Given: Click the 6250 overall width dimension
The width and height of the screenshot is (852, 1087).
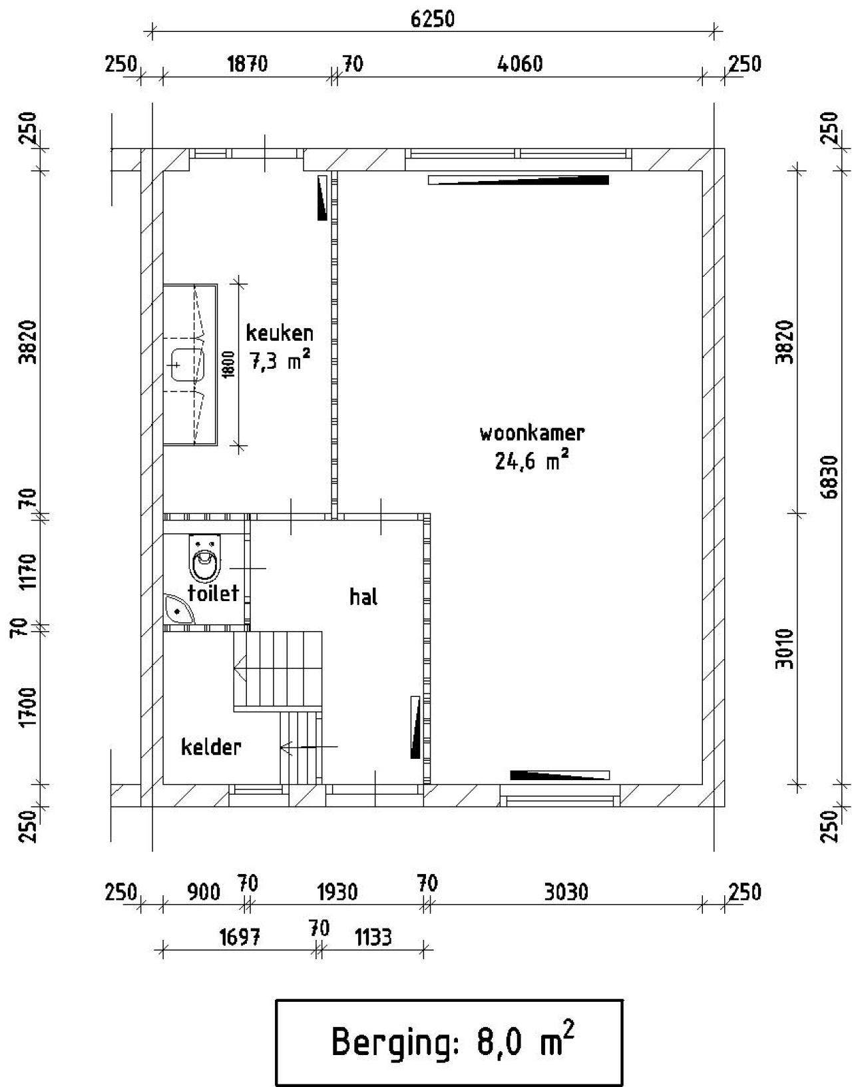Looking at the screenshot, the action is click(x=433, y=19).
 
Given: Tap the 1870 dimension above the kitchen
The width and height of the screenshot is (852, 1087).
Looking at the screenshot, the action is click(x=248, y=64).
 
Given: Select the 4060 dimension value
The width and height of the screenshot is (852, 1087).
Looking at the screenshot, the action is click(x=520, y=64).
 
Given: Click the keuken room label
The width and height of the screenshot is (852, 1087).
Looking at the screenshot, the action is click(x=280, y=333).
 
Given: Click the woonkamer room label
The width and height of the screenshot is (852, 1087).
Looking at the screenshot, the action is click(x=532, y=433).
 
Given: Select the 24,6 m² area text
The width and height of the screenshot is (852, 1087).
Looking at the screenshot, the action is click(x=532, y=460).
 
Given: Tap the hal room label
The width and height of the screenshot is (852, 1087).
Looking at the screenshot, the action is click(x=363, y=596).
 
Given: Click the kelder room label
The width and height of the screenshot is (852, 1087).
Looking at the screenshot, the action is click(x=211, y=748).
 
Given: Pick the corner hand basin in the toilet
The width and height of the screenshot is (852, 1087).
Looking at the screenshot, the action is click(x=177, y=609).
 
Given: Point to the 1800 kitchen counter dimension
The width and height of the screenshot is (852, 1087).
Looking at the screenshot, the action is click(x=228, y=365).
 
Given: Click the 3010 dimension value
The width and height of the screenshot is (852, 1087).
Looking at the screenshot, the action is click(x=786, y=649).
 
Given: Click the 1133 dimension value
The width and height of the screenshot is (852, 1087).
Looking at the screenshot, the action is click(x=373, y=937).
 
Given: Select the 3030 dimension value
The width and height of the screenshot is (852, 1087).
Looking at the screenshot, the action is click(x=565, y=892).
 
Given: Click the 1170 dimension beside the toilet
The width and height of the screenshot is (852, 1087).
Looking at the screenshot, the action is click(x=28, y=570).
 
